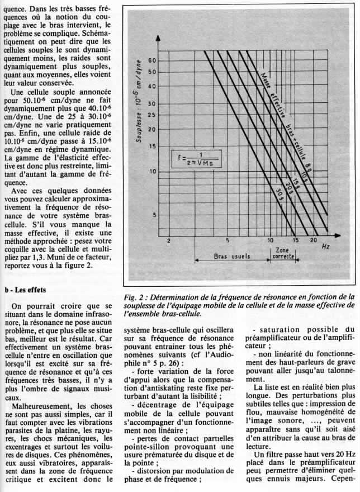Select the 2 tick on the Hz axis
(x=168, y=241)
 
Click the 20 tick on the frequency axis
(x=314, y=240)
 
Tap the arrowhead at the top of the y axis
(x=159, y=38)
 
